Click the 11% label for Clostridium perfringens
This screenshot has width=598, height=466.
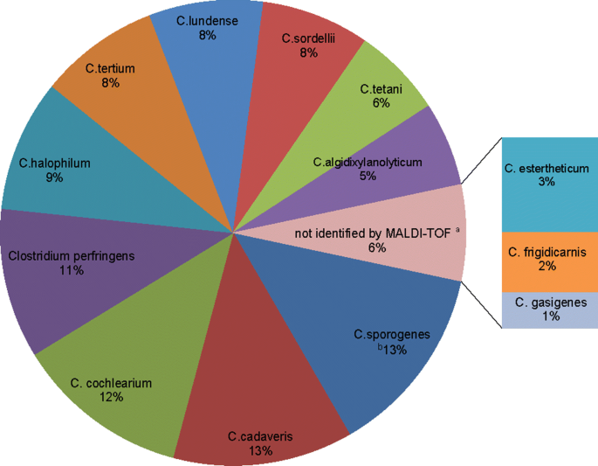click(71, 271)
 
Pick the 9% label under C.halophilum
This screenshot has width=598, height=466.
click(55, 177)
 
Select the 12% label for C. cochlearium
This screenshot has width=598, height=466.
click(111, 396)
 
